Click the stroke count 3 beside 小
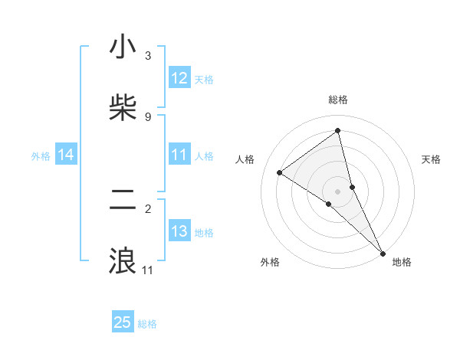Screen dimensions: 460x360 click(x=148, y=56)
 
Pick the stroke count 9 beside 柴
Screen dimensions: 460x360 click(x=148, y=116)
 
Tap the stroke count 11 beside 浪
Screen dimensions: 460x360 click(x=148, y=270)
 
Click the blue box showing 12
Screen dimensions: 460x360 click(x=179, y=78)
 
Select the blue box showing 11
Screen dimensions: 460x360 click(x=179, y=155)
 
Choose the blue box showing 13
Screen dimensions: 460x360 click(x=179, y=231)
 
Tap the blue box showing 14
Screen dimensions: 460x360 click(x=66, y=155)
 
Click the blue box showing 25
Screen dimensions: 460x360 click(x=123, y=322)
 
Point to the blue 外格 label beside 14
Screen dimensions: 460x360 click(x=41, y=156)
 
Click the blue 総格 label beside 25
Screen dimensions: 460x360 click(x=148, y=324)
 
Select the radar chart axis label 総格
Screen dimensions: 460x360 click(x=338, y=100)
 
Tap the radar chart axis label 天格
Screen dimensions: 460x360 click(x=432, y=159)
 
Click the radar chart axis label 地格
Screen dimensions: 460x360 click(x=402, y=262)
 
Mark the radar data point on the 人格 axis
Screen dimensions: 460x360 click(x=280, y=172)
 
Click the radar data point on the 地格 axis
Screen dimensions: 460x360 click(x=383, y=252)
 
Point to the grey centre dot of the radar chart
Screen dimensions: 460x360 click(x=338, y=191)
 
